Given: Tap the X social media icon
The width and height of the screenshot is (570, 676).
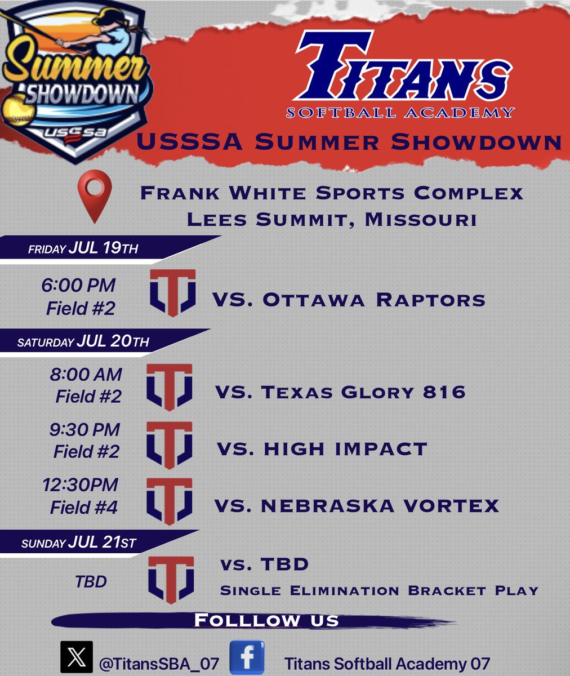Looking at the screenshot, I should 76,657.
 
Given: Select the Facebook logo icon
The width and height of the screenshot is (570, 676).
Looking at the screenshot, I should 247,657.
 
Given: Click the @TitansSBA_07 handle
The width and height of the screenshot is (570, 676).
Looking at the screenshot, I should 158,664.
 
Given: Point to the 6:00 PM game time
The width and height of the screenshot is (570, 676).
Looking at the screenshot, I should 78,285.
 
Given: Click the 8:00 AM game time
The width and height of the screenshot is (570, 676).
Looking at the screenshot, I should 86,374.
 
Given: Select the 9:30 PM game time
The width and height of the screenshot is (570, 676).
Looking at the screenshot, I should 84,429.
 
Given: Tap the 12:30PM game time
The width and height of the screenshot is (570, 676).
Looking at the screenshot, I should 81,484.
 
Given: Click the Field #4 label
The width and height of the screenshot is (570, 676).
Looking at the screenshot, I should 84,508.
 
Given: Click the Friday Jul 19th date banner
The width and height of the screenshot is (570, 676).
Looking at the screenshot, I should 83,248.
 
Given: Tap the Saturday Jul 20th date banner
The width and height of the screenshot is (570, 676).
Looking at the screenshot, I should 83,341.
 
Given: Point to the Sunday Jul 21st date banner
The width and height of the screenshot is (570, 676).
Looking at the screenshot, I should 79,543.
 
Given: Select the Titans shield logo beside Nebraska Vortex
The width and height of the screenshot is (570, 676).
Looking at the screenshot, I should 170,501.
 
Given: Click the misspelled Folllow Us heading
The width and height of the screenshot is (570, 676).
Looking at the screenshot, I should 266,621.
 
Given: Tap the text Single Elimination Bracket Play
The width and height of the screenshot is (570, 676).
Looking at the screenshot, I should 379,591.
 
